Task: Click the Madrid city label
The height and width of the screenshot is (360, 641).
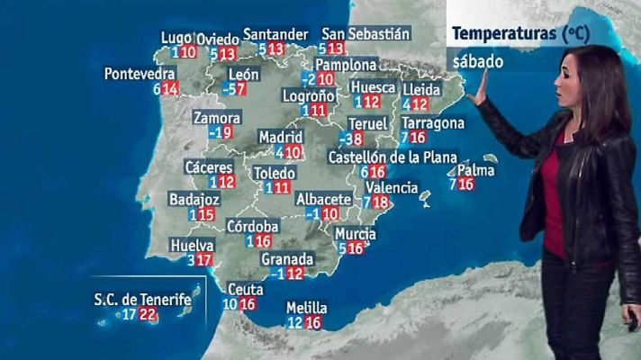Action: coord(275,137)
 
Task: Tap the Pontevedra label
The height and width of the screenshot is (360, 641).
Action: coord(139,73)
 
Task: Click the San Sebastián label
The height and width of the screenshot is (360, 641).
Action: coord(366,33)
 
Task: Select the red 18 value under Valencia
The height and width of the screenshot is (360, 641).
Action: coord(382,202)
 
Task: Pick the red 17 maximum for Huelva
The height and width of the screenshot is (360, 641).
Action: coord(204,260)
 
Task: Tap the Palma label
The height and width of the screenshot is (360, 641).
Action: coord(476,169)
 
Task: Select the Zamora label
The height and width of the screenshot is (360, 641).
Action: coord(217,118)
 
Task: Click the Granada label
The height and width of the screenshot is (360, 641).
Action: coord(286,258)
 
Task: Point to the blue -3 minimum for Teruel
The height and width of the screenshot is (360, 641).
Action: coord(347,139)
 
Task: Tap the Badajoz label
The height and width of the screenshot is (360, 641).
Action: coord(192,200)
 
